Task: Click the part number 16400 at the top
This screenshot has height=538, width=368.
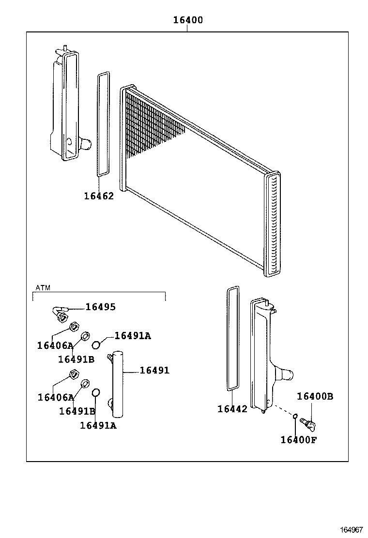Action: (188, 20)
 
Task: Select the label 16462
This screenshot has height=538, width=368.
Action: (99, 196)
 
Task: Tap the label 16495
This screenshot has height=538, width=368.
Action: (101, 307)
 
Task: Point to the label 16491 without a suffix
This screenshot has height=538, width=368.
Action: (154, 370)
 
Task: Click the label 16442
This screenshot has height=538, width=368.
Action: (232, 409)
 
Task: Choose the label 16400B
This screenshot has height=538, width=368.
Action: (315, 396)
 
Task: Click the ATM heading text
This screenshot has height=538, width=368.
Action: (43, 287)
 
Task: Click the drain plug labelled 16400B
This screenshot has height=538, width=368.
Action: (307, 423)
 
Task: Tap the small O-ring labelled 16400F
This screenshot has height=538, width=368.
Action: (294, 416)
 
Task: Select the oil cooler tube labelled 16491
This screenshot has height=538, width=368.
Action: (119, 385)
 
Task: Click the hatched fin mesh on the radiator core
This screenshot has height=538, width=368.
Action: (150, 126)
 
